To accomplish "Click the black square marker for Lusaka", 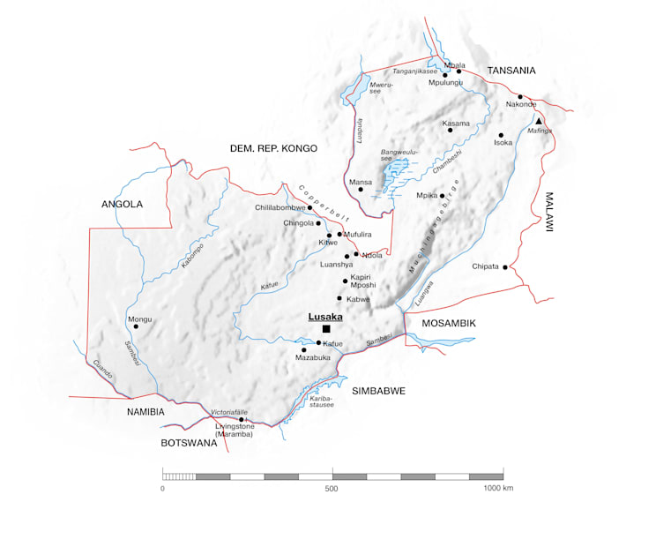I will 326,329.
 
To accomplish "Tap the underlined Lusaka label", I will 324,316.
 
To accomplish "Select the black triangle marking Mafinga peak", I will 539,121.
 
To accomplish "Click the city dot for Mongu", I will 136,326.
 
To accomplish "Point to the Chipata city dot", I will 505,266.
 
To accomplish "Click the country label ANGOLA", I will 122,204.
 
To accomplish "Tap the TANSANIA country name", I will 512,70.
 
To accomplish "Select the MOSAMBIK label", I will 448,323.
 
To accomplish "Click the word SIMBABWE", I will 378,390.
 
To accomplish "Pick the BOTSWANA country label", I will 189,443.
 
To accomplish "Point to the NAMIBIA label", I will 145,411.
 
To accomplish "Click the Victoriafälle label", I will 232,412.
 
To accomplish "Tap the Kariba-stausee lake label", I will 322,401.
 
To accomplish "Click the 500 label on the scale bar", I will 332,489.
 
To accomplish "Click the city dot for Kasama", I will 450,130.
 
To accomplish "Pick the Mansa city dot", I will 361,189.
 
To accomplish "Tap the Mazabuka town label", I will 312,359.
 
